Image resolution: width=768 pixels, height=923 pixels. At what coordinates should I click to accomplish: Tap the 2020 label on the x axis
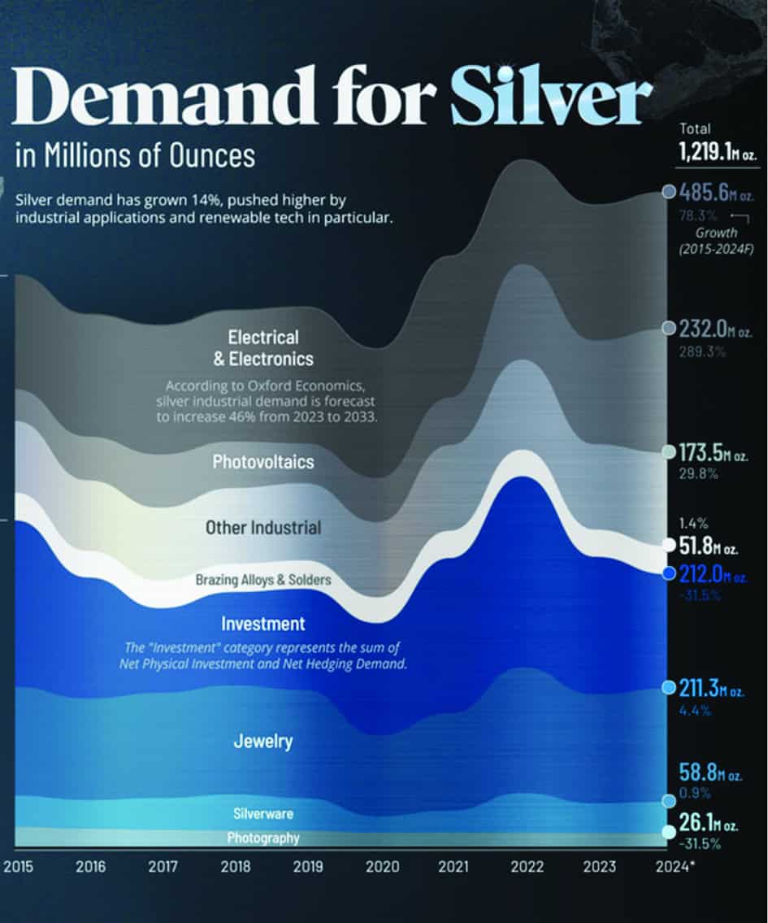click(x=381, y=867)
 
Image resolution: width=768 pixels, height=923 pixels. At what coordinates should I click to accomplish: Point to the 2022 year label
click(x=527, y=867)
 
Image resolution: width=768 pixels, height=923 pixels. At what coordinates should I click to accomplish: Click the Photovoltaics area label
click(x=263, y=463)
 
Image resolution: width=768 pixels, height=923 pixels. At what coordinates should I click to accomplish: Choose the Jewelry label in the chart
click(x=263, y=742)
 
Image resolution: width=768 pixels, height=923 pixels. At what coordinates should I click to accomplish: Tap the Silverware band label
click(x=263, y=813)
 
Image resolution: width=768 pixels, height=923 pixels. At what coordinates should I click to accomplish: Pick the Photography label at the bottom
click(x=263, y=838)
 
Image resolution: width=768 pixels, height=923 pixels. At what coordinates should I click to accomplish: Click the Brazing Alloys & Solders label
click(x=263, y=580)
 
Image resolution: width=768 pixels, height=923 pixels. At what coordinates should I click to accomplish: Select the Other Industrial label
click(x=263, y=528)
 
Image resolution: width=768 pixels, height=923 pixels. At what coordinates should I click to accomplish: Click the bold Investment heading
click(x=263, y=624)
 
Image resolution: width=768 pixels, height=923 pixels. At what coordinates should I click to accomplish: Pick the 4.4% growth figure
click(x=695, y=710)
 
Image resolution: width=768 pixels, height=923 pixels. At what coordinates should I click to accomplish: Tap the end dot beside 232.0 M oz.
click(x=668, y=328)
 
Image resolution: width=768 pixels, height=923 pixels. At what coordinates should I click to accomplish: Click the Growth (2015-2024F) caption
click(x=717, y=241)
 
